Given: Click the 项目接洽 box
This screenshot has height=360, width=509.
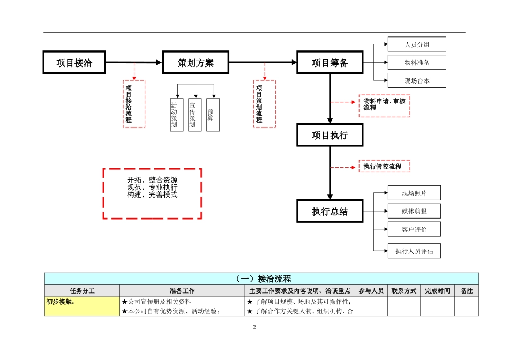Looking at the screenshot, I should (x=74, y=63).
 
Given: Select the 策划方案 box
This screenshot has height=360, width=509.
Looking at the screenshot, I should (x=196, y=63).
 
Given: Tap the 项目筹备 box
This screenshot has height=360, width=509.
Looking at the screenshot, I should (x=330, y=63).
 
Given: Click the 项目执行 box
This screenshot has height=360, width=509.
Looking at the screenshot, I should (x=330, y=135).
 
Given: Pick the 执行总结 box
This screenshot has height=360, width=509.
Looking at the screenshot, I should (x=330, y=211).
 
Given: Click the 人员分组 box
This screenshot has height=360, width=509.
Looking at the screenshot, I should (x=416, y=44).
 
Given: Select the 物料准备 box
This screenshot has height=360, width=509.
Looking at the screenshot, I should (x=416, y=63).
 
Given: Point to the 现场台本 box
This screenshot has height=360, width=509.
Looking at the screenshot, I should (x=416, y=81).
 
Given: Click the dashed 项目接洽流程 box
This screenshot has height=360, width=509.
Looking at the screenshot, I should (x=134, y=104).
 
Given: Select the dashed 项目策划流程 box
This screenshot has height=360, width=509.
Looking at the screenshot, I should (x=265, y=104).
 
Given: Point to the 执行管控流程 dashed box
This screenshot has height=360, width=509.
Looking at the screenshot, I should (x=384, y=167).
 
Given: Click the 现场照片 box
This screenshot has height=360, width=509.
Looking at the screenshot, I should (x=414, y=193).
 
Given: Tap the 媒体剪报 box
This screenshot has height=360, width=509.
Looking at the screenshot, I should (x=414, y=211).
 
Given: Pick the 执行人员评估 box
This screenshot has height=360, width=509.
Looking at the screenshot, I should (x=414, y=251).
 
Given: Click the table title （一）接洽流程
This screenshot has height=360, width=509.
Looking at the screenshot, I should (x=261, y=279).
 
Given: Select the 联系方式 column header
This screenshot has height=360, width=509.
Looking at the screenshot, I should (x=403, y=291).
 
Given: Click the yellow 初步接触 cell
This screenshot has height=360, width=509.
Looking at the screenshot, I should (x=82, y=302).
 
